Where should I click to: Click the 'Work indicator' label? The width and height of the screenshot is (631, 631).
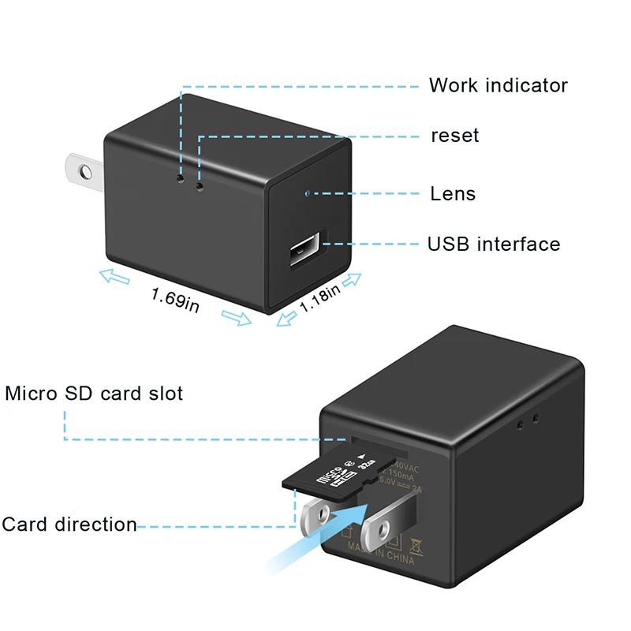point(498,85)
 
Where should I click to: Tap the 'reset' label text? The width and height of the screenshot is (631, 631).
point(454,136)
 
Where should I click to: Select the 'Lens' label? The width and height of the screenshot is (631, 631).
point(453,193)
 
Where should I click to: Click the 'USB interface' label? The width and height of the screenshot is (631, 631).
point(494,244)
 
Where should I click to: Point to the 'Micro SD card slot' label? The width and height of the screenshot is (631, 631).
point(94,393)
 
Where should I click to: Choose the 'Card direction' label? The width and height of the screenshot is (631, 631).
point(69,525)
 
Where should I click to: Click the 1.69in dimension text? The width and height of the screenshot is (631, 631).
point(175,299)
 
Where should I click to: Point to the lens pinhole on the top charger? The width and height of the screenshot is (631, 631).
point(307,192)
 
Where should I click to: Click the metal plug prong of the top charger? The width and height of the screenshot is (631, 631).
point(82,166)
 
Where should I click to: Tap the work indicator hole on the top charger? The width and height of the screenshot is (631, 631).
point(181,180)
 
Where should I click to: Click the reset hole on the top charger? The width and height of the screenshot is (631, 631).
point(199,187)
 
